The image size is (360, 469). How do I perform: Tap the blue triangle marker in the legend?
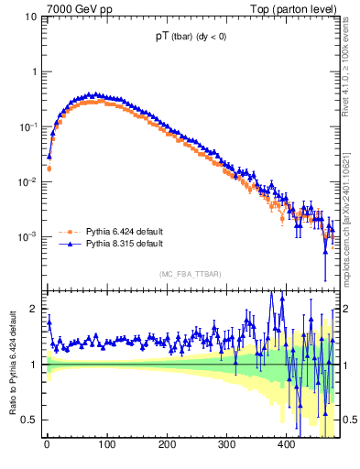click(67, 245)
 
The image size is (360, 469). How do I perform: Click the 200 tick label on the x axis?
click(167, 446)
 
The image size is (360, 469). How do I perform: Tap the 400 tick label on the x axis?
click(286, 446)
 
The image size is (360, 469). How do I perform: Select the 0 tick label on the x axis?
click(47, 446)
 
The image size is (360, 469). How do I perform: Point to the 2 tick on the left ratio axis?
click(33, 310)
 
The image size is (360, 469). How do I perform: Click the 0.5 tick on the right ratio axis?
click(348, 420)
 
